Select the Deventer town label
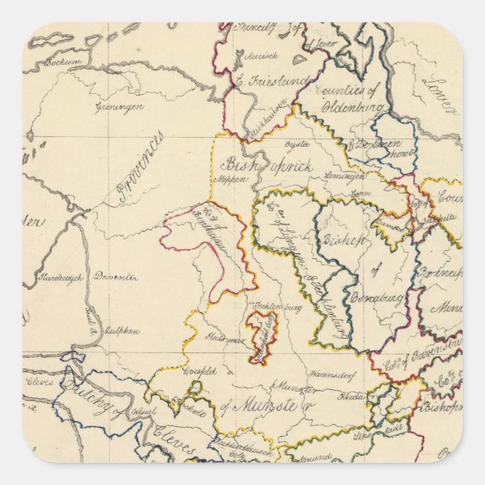pos(115,277)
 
